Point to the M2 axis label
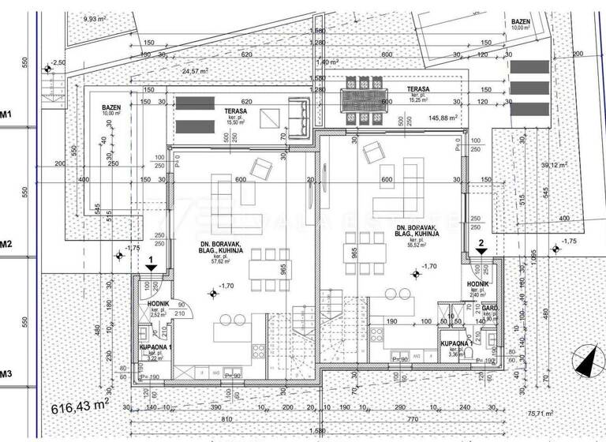pos(6,244)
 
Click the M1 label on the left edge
pos(6,114)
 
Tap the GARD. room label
pos(488,309)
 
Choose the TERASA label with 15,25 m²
pos(417,95)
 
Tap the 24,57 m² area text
pos(194,71)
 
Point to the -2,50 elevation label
pos(58,62)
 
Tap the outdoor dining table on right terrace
pos(363,99)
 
